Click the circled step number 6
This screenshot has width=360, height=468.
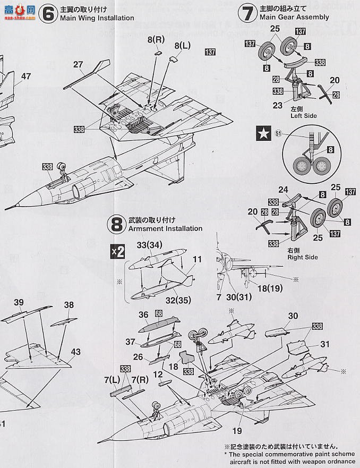[x=48, y=13]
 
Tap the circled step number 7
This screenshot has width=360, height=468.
[x=247, y=13]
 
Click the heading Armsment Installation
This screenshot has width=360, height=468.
[x=165, y=228]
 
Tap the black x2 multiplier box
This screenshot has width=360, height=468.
[x=117, y=252]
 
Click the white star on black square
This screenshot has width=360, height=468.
[x=264, y=134]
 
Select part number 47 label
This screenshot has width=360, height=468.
[x=25, y=76]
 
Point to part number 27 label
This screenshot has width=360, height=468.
[x=78, y=65]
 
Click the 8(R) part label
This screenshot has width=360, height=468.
[x=155, y=40]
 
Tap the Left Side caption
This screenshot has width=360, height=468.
[x=303, y=115]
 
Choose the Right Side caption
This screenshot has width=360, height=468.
[x=303, y=257]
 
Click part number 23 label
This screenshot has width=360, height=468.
[x=278, y=106]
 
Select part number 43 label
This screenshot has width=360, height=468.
[x=76, y=352]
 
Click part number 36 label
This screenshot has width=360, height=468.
[x=143, y=314]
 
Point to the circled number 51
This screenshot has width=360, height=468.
[x=278, y=134]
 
